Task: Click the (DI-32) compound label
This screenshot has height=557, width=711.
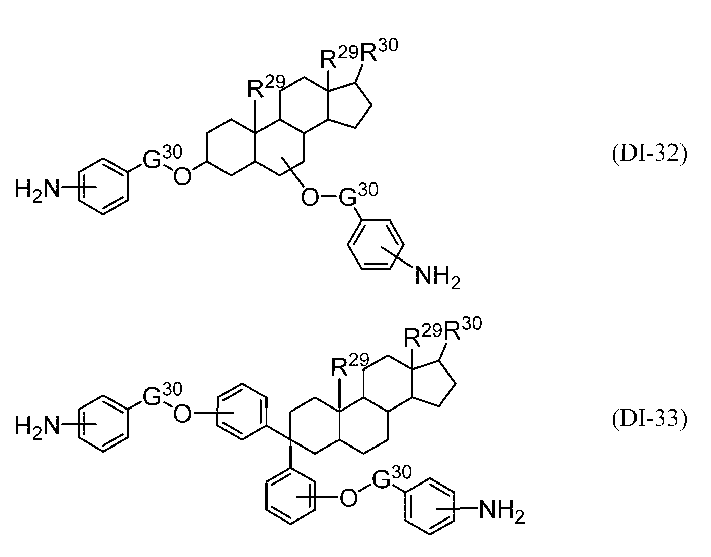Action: click(650, 154)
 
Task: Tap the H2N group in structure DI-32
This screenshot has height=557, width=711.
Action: click(38, 190)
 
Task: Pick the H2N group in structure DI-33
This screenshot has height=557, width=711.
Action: click(38, 427)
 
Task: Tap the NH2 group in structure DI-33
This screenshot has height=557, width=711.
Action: click(502, 511)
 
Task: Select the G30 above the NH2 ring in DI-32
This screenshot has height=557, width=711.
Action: click(358, 195)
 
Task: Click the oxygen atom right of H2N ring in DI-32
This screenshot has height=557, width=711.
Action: click(182, 177)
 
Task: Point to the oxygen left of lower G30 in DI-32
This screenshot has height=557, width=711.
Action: click(310, 198)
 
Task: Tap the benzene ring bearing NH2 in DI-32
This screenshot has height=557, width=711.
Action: click(376, 245)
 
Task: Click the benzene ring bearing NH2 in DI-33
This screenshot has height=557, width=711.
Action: click(429, 507)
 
